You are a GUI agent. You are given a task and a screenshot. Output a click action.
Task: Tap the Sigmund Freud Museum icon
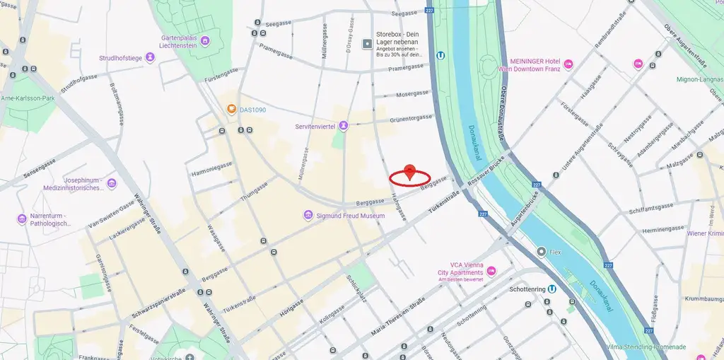tap(308, 215)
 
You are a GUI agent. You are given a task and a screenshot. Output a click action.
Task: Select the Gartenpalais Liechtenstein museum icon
tap(205, 40)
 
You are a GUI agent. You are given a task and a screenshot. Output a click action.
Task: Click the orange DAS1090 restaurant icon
tap(231, 110)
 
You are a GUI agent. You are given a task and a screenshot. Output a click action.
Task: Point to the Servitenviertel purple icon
tap(344, 126)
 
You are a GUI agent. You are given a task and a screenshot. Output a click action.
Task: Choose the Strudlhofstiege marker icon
tap(150, 58)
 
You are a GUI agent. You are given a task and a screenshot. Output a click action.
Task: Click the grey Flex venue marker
tap(542, 251)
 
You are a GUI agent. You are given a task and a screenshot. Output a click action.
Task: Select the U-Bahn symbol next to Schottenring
tap(551, 289)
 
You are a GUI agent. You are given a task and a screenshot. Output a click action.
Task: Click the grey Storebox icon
tap(367, 44)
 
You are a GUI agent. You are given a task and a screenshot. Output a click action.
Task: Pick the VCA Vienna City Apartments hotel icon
tap(491, 272)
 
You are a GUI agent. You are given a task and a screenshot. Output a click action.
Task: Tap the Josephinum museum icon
tap(112, 184)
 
